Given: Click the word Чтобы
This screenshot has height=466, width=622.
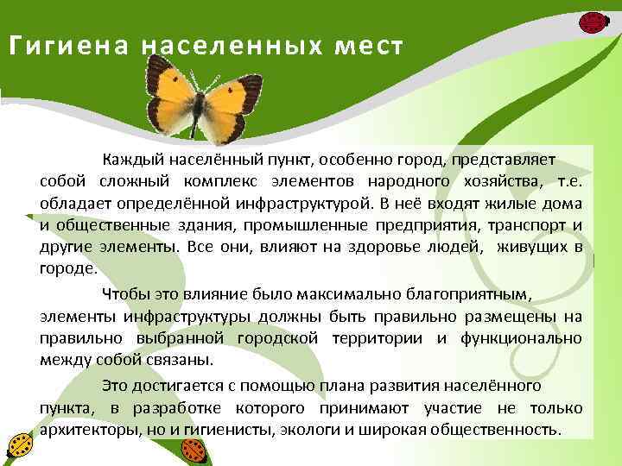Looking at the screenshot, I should pos(124,293).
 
